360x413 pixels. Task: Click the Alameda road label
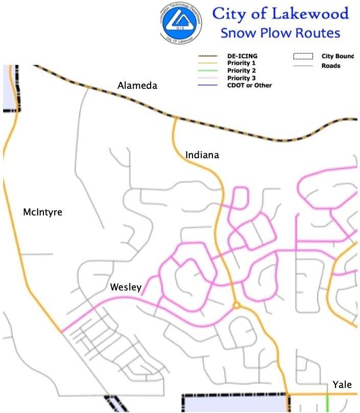(137, 86)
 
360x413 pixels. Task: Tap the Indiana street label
(202, 154)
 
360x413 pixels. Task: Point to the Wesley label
(126, 288)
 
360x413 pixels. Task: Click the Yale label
(342, 384)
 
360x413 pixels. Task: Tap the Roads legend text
(331, 65)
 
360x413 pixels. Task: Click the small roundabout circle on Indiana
(236, 306)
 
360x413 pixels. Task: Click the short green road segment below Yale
(327, 402)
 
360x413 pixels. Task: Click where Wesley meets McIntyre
(62, 332)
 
